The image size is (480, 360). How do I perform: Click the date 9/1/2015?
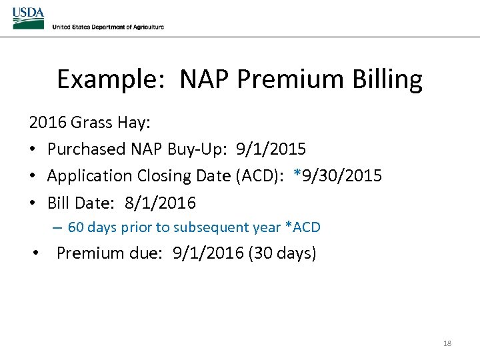[x=271, y=149]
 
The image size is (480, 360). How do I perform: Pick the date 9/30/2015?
[x=342, y=176]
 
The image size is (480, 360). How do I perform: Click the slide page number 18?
[x=447, y=343]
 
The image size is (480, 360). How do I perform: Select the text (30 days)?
[x=281, y=253]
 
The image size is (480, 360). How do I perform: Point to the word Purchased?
[x=86, y=149]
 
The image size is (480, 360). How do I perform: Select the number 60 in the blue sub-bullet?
[x=75, y=227]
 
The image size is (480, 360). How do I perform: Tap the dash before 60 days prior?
[x=57, y=227]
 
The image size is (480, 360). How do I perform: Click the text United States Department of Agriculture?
[x=107, y=27]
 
